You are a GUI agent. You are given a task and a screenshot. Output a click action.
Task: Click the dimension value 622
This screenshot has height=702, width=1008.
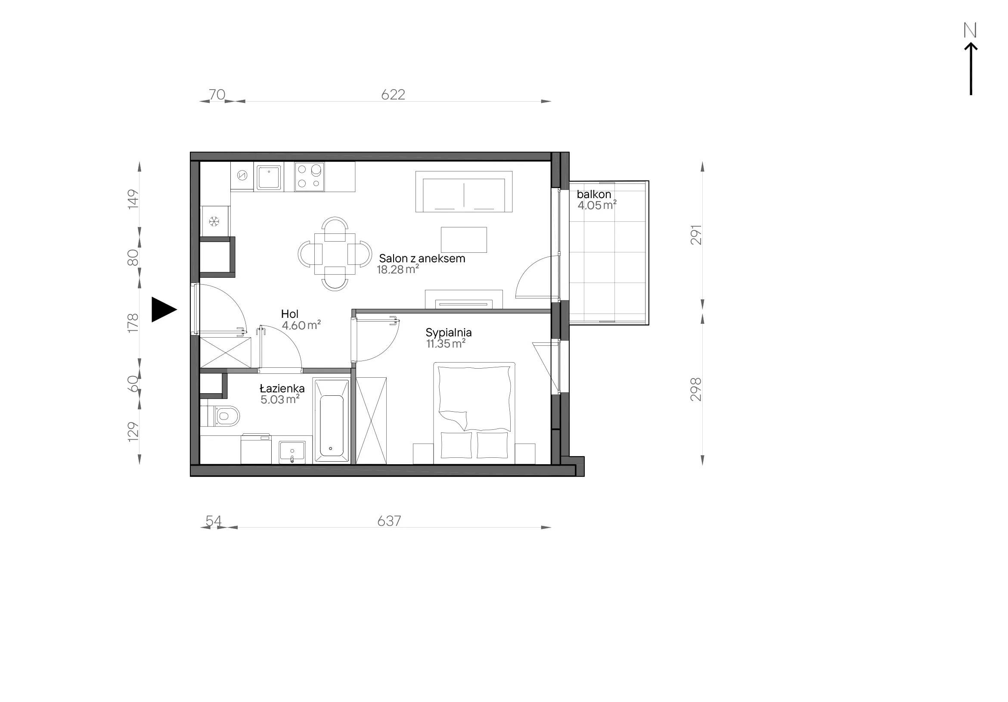click(x=393, y=94)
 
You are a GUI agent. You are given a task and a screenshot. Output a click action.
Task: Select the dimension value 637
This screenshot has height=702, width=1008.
click(x=389, y=521)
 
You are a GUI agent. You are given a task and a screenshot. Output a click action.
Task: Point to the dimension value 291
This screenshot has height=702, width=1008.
click(x=696, y=235)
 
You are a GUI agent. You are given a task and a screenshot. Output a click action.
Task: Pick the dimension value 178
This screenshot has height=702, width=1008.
click(x=133, y=323)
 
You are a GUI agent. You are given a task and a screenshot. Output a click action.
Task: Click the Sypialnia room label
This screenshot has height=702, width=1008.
click(x=448, y=332)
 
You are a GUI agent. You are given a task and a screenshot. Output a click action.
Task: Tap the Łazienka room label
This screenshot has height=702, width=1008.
click(x=282, y=388)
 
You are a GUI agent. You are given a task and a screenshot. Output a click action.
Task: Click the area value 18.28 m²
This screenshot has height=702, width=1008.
click(x=398, y=270)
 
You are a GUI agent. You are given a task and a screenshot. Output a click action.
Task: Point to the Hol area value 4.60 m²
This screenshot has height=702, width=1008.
click(x=301, y=325)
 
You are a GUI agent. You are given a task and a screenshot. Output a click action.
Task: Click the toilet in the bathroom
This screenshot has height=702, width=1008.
click(x=220, y=416)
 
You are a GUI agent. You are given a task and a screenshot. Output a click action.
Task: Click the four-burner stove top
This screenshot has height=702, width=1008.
click(x=310, y=177)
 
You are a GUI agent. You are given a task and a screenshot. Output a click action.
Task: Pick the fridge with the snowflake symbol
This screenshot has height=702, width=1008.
click(x=215, y=221)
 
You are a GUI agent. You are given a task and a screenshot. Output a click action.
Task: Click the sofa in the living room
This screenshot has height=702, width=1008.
click(x=464, y=191)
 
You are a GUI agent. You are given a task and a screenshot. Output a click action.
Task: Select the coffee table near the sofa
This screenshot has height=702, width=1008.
click(x=464, y=240)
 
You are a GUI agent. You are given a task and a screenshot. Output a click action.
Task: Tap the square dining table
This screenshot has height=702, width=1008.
click(x=335, y=254)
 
